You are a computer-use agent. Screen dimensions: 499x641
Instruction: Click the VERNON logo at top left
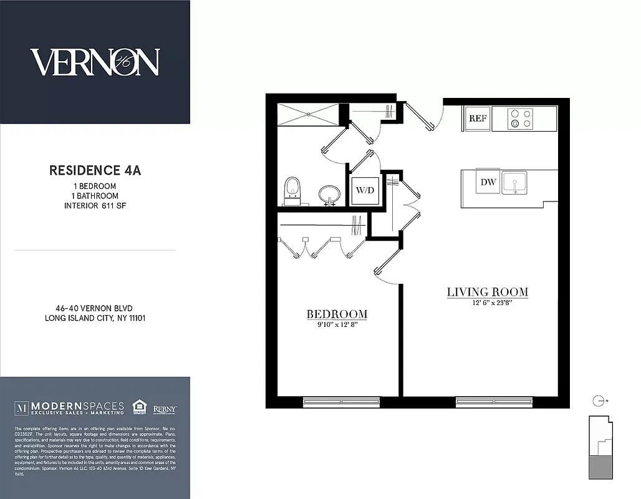coord(95,62)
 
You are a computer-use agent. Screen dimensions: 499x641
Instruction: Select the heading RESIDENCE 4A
coord(95,170)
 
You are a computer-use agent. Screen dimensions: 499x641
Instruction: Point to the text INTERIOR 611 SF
coord(95,205)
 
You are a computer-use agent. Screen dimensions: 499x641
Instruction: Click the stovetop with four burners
coord(521,119)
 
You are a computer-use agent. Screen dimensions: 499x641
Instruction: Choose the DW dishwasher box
coord(488,182)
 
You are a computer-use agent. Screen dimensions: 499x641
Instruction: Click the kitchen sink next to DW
coord(514,183)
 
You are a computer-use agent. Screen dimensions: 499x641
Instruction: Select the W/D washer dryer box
coord(364,190)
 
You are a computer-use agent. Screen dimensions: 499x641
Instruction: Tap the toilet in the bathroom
coord(292,191)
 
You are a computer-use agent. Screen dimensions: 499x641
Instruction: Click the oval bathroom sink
coord(328,194)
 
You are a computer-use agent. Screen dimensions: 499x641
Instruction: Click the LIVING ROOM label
coord(487,292)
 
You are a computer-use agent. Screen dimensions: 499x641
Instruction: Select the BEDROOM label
coord(336,314)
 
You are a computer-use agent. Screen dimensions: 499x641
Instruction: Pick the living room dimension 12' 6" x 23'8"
coord(487,304)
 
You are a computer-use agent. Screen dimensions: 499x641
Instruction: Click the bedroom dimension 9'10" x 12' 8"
coord(336,325)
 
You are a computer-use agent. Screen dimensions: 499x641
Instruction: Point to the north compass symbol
coord(599,400)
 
